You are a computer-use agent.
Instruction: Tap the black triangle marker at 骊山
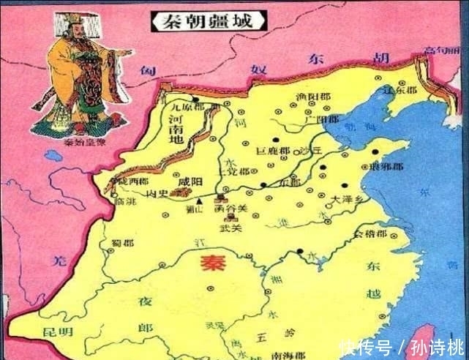click(x=200, y=198)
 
